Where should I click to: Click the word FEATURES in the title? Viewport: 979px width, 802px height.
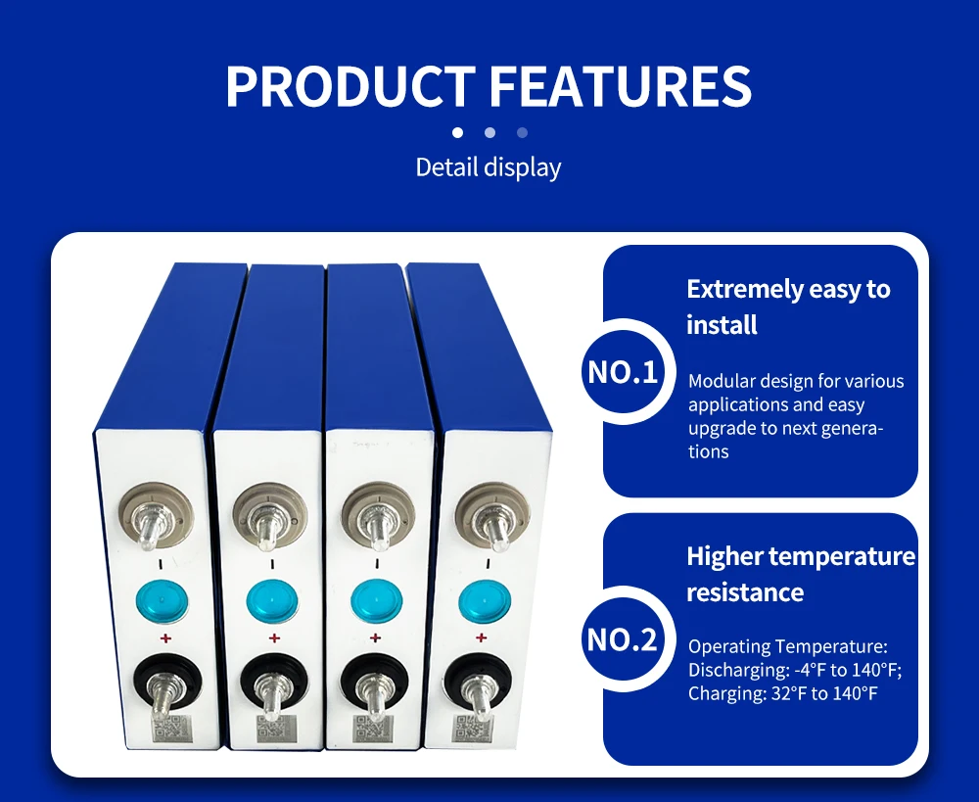(x=621, y=86)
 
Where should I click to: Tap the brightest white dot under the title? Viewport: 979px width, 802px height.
(x=457, y=132)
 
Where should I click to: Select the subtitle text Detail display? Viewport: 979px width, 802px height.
(x=489, y=167)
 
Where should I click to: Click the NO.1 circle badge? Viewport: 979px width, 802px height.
(x=623, y=372)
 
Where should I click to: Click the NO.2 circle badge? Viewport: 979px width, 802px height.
(x=623, y=639)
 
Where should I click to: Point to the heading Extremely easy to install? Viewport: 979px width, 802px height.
(x=788, y=307)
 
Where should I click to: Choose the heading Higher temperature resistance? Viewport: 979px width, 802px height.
(x=801, y=574)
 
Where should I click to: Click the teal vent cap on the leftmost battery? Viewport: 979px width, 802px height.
(x=163, y=601)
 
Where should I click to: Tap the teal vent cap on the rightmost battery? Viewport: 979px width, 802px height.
(x=485, y=601)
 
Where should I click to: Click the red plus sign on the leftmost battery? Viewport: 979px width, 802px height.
(x=165, y=637)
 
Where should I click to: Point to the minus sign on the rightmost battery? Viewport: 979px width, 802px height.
(x=488, y=565)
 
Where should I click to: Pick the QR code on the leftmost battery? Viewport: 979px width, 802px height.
(x=172, y=729)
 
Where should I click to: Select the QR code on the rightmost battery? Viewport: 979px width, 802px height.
(x=473, y=729)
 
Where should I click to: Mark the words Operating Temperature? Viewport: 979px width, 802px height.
(x=787, y=646)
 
